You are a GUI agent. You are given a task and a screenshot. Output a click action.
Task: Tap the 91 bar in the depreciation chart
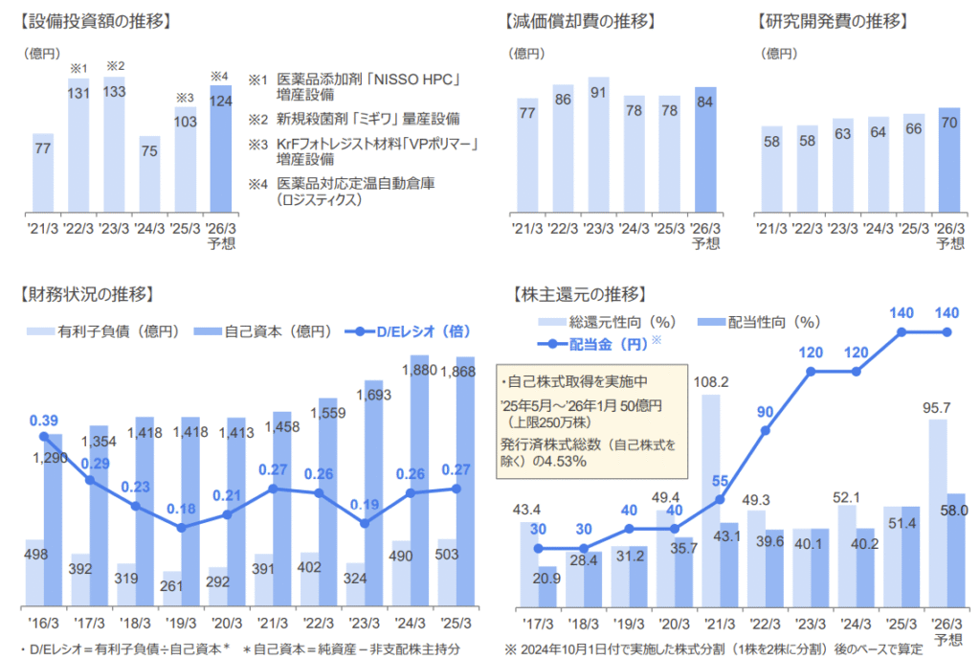pos(599,144)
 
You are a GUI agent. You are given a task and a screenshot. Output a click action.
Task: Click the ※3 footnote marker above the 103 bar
pos(185,97)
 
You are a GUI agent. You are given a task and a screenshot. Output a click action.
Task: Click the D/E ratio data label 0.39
pos(44,421)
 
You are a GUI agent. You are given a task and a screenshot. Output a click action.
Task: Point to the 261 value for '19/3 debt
pos(172,586)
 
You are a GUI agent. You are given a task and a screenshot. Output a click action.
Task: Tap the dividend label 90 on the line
pos(764,412)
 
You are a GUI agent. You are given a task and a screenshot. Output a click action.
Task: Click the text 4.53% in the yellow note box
pos(566,462)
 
